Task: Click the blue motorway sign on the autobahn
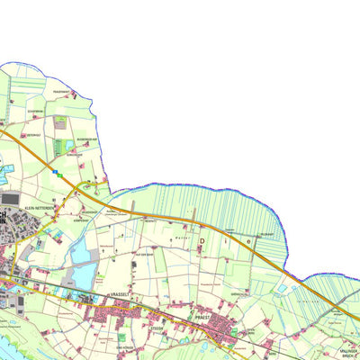(56, 169)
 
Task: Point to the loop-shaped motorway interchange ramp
(89, 186)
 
